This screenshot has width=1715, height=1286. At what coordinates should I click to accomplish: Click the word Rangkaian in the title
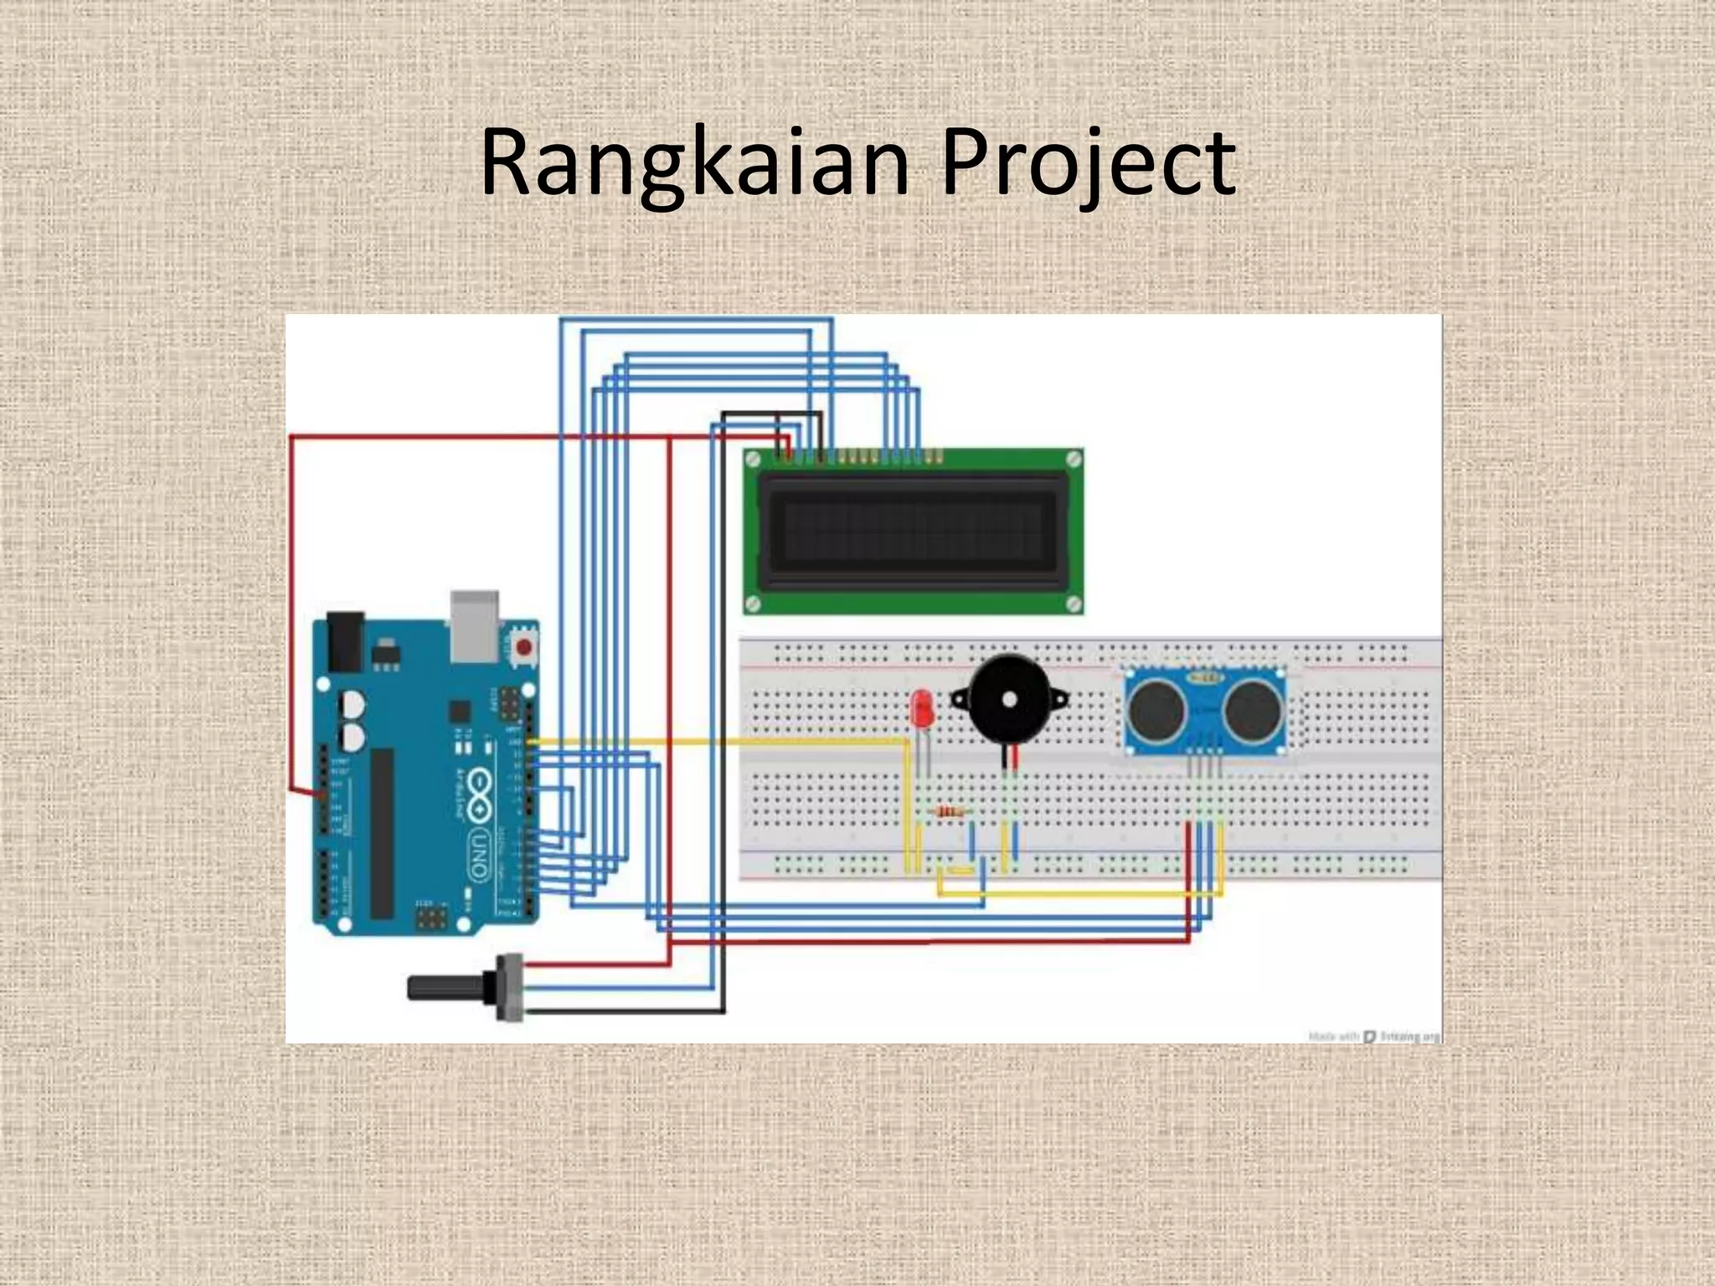694,164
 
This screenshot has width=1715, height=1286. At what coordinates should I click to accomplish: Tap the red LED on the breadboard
922,709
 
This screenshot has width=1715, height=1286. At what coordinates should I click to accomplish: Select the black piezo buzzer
1009,699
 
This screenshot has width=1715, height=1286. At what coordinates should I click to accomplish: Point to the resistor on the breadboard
949,811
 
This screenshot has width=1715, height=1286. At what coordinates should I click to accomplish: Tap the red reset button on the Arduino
523,647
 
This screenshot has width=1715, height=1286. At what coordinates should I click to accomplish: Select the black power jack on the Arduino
344,641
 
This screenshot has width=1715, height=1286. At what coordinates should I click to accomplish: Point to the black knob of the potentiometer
444,988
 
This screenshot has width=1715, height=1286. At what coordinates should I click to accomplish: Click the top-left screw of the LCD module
753,458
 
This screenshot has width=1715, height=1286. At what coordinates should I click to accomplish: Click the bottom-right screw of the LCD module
1073,604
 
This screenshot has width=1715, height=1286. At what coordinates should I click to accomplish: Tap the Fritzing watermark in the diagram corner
1373,1037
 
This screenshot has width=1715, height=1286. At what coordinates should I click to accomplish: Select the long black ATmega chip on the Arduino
382,833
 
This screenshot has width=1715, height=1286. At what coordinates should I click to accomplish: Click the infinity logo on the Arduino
478,792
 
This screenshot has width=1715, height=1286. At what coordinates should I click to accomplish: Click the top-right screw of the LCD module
1073,458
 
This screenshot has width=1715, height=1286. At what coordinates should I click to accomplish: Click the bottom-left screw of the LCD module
753,604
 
